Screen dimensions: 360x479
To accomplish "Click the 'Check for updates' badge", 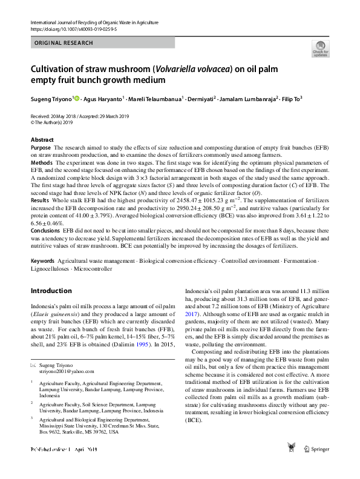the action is point(319,48).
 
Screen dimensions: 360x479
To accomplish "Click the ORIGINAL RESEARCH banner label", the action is point(64,43).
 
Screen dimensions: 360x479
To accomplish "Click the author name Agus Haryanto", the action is point(102,98).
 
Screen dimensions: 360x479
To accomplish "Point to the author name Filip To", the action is point(290,98).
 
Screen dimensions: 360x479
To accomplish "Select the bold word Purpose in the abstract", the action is point(41,148).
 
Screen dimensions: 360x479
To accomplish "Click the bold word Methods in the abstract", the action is point(41,164).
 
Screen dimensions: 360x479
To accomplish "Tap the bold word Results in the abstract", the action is point(39,200).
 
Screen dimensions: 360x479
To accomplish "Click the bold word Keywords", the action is point(42,261).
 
